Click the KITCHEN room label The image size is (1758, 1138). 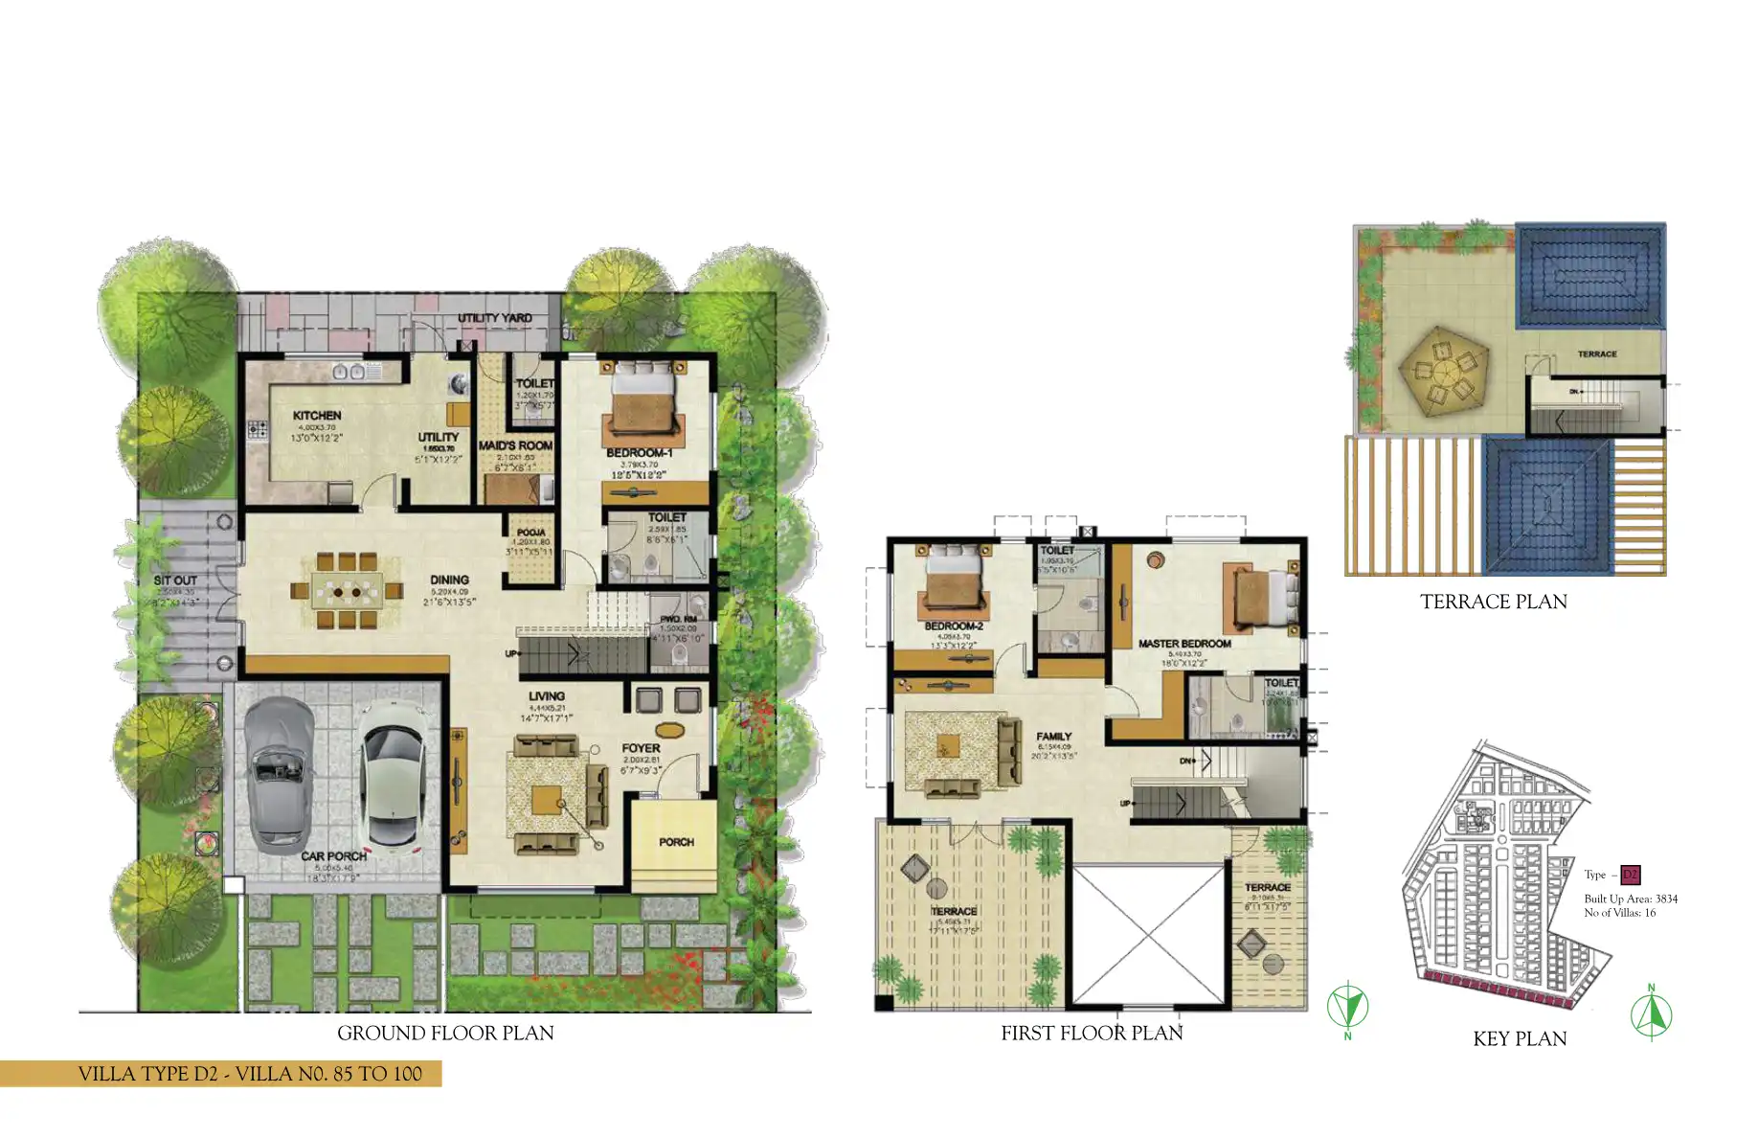pos(317,416)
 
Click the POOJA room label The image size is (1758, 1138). pos(531,533)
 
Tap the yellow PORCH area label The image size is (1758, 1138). pos(676,842)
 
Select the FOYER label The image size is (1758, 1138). pos(641,748)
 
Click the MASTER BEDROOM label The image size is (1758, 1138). pos(1184,644)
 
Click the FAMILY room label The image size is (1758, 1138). pos(1053,736)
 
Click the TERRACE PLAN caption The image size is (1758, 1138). pos(1493,602)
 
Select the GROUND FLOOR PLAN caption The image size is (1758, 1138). pos(445,1033)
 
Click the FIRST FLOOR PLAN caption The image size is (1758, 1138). pos(1092,1033)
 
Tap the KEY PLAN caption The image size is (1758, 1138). pos(1520,1038)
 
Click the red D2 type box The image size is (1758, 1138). pos(1631,875)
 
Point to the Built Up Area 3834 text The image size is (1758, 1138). pos(1631,899)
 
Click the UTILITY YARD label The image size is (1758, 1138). pos(494,318)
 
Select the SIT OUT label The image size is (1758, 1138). pos(175,580)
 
